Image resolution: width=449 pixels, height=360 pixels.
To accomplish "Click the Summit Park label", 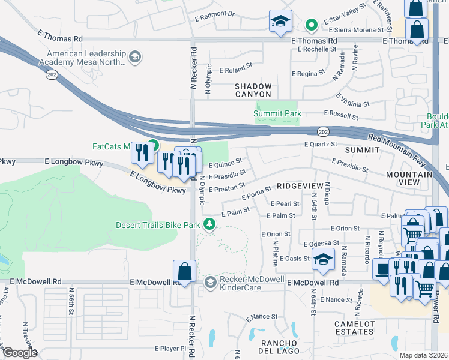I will point(277,113).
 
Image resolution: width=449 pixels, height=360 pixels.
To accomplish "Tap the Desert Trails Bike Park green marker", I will point(209,224).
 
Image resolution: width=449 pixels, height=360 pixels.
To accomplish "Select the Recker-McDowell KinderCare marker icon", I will point(210,281).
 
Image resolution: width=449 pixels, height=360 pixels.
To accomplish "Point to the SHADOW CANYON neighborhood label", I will point(253,91).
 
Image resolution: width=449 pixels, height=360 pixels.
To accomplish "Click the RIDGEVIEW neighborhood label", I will point(300,186).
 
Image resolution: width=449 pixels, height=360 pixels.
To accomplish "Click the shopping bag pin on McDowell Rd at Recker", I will point(184,271).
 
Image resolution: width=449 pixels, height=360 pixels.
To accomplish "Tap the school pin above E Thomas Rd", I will point(280,22).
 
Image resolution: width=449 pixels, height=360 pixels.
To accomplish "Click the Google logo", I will point(20,353).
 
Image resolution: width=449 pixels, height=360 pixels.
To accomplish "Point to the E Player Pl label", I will point(170,348).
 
